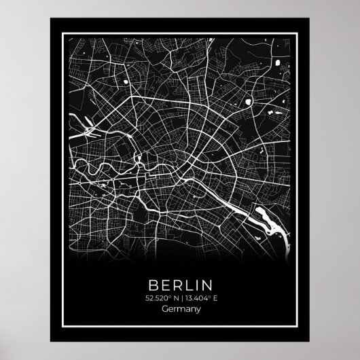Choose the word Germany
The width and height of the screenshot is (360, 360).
pos(181,310)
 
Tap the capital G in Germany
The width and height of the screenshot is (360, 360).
pos(165,310)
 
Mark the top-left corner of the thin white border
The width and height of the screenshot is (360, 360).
pos(56,29)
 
